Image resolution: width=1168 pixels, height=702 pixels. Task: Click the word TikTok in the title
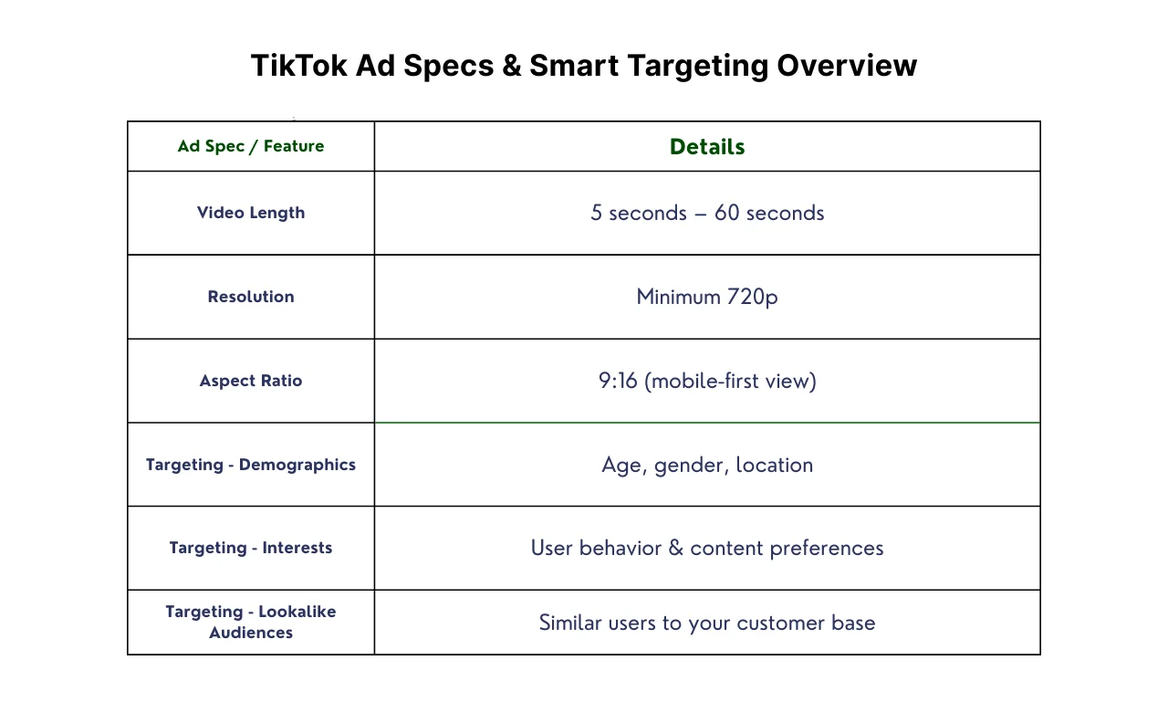pos(298,65)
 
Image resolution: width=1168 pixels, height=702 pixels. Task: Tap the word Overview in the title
pos(847,65)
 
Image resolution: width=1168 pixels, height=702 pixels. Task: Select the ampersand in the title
pos(512,66)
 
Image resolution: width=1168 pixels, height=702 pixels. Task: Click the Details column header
pos(707,147)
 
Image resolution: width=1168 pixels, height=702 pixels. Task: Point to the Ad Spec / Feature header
pos(251,146)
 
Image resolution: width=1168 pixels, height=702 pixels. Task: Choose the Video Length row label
pos(251,213)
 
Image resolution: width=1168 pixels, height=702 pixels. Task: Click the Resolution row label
pos(251,297)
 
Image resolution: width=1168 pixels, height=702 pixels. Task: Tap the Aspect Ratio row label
pos(251,381)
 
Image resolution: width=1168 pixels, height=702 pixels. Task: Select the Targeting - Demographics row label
pos(251,465)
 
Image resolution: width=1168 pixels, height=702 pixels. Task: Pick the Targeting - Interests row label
pos(251,548)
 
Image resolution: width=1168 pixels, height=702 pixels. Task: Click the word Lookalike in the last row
pos(297,612)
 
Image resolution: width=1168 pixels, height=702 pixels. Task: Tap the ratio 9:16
pos(618,381)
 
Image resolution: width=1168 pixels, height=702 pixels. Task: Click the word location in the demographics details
pos(775,465)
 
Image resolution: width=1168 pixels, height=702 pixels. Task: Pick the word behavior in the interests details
pos(620,548)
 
